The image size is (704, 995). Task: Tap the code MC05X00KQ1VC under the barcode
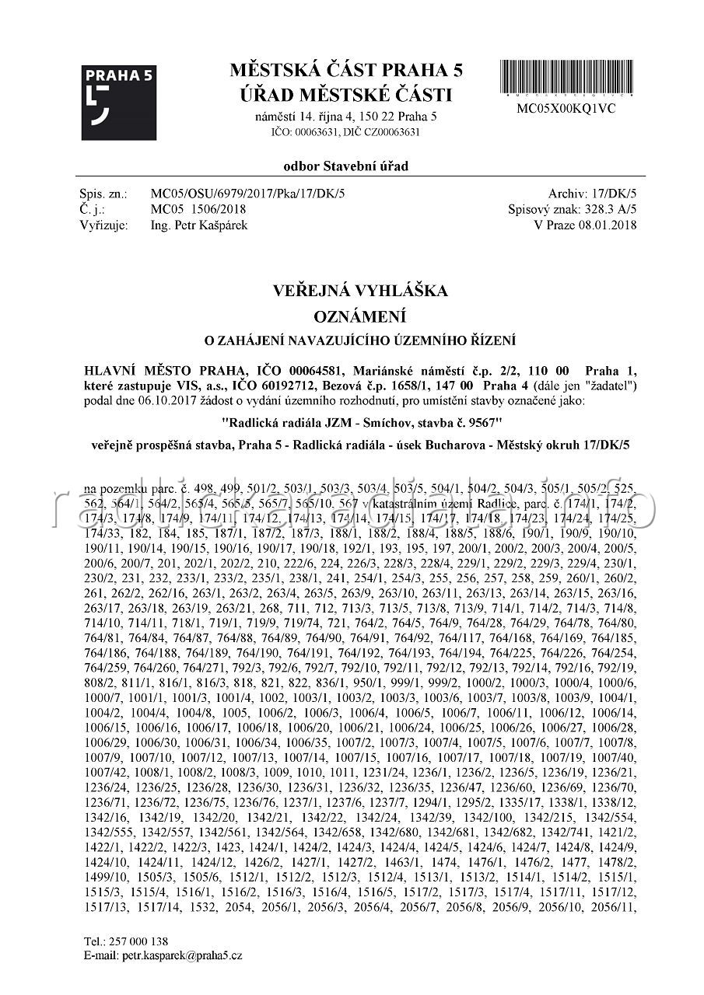(566, 109)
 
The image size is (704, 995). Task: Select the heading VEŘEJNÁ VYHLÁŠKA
(360, 291)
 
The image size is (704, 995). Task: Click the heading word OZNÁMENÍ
(360, 317)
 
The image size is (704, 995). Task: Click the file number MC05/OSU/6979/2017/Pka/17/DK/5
(247, 194)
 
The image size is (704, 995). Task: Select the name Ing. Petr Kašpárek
(199, 225)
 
